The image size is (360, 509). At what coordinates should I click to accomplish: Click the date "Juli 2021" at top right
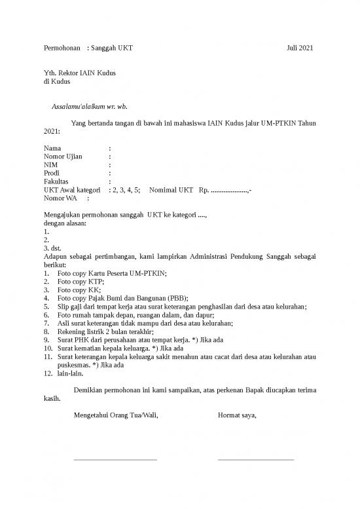pyautogui.click(x=300, y=49)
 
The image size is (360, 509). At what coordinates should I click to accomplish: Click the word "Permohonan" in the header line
pyautogui.click(x=62, y=49)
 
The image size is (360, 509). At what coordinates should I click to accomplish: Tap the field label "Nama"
pyautogui.click(x=52, y=149)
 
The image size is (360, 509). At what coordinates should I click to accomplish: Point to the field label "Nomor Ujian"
pyautogui.click(x=63, y=157)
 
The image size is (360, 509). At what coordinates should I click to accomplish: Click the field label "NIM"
pyautogui.click(x=50, y=165)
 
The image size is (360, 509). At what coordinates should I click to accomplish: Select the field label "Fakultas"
pyautogui.click(x=56, y=181)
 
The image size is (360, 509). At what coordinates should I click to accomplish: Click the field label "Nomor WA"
pyautogui.click(x=60, y=197)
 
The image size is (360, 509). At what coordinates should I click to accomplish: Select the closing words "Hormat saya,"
pyautogui.click(x=237, y=415)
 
